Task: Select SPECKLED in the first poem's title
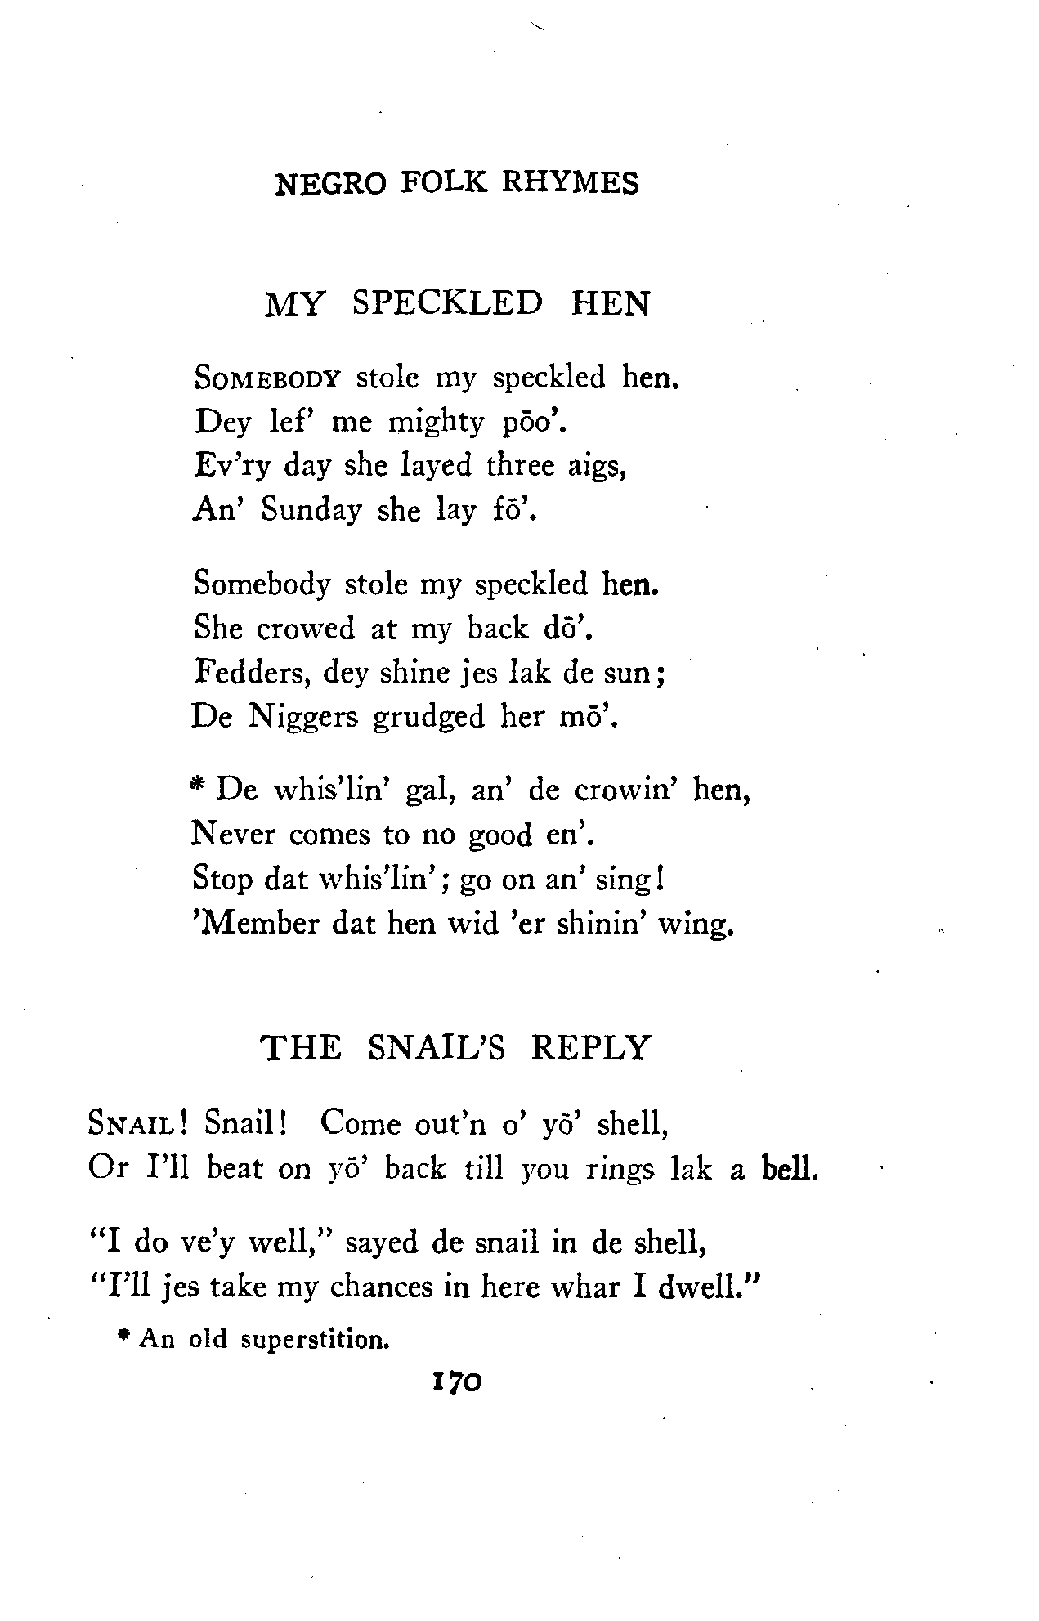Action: click(447, 303)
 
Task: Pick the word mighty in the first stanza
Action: click(436, 423)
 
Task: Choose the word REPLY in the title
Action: click(590, 1047)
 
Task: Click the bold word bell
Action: click(788, 1168)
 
